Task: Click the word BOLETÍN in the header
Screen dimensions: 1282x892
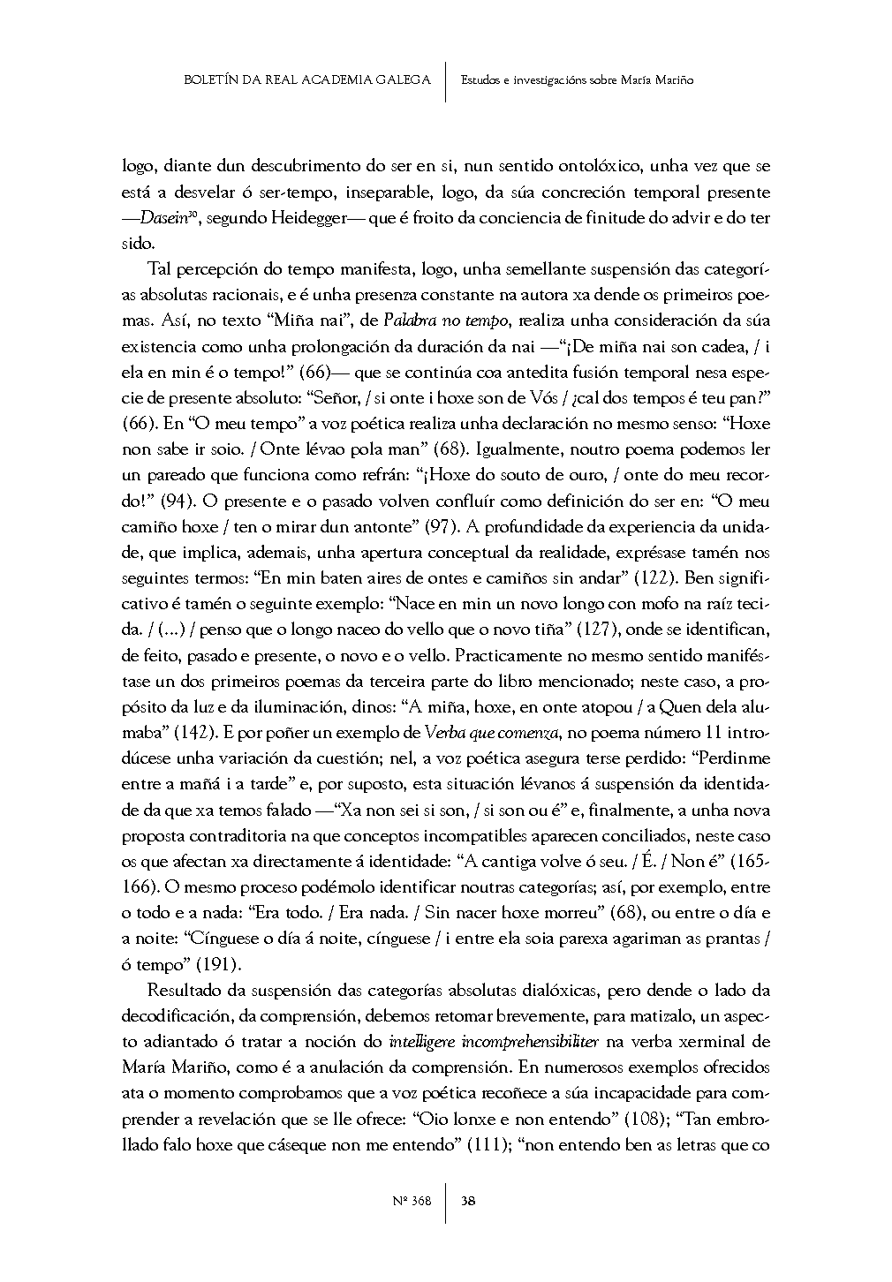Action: (x=209, y=79)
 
